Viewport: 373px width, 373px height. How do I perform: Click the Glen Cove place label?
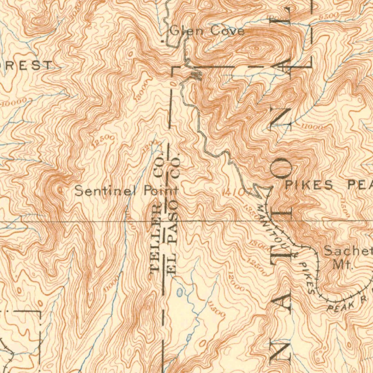207,31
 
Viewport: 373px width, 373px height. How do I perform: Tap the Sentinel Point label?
126,191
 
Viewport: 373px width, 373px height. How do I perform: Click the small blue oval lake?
179,292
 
